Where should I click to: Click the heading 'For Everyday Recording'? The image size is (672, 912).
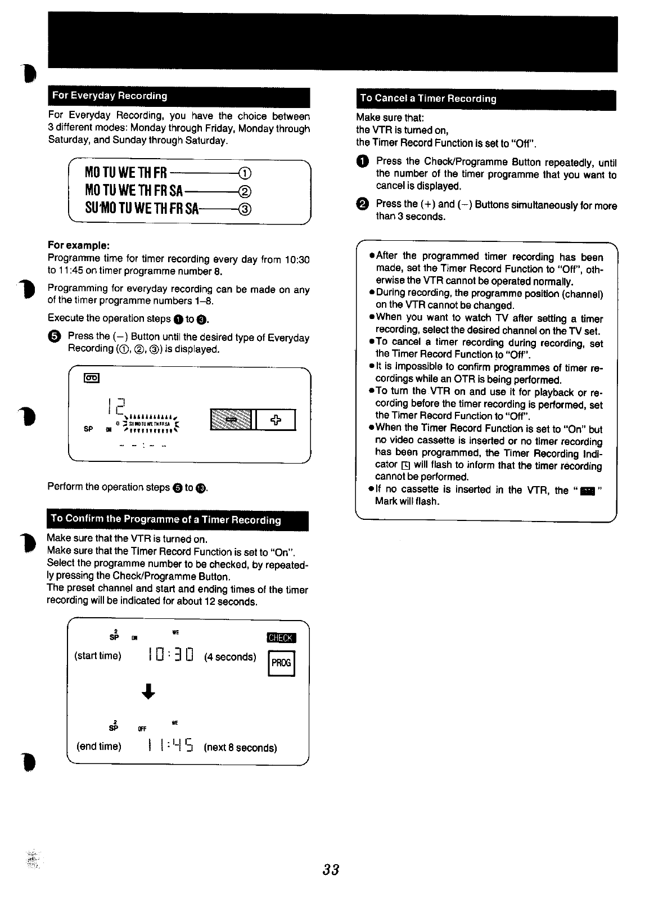110,96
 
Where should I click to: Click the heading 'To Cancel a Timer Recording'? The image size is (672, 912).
428,98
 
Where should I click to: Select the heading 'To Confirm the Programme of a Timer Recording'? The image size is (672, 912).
166,519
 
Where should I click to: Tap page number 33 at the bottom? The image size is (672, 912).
331,870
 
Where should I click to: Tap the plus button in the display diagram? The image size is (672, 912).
276,420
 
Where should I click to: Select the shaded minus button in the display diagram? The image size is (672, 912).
231,420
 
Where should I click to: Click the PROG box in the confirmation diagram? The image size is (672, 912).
281,663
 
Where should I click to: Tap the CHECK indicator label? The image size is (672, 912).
281,637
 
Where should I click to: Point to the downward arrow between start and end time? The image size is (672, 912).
148,691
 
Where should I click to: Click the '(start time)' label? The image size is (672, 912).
98,656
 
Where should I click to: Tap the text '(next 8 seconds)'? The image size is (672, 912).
241,748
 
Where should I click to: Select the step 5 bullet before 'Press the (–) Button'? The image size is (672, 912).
54,337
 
